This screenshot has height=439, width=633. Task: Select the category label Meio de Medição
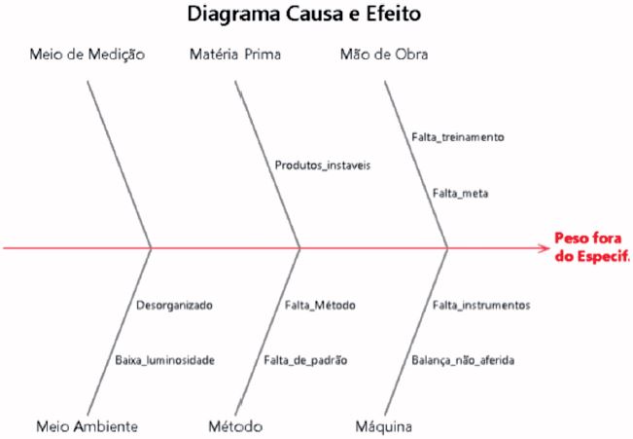(88, 55)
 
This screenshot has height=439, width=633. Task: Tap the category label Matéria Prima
(235, 55)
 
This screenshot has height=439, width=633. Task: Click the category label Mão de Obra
(383, 55)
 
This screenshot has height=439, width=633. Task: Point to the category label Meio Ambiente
(87, 426)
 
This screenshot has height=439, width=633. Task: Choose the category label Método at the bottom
(235, 426)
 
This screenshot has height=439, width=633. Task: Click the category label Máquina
(385, 426)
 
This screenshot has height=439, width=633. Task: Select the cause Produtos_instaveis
(322, 165)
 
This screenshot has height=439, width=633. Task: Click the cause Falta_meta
(461, 194)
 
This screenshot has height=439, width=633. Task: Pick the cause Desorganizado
(174, 305)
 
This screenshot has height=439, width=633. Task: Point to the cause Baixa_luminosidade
(164, 360)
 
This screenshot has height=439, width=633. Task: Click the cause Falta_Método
(320, 305)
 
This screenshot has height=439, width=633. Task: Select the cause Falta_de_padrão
(304, 360)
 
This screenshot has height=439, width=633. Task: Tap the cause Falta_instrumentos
(481, 305)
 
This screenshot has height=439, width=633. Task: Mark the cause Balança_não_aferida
(463, 360)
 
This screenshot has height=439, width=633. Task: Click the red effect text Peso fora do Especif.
(589, 247)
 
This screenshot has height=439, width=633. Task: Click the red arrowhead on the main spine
(543, 249)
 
